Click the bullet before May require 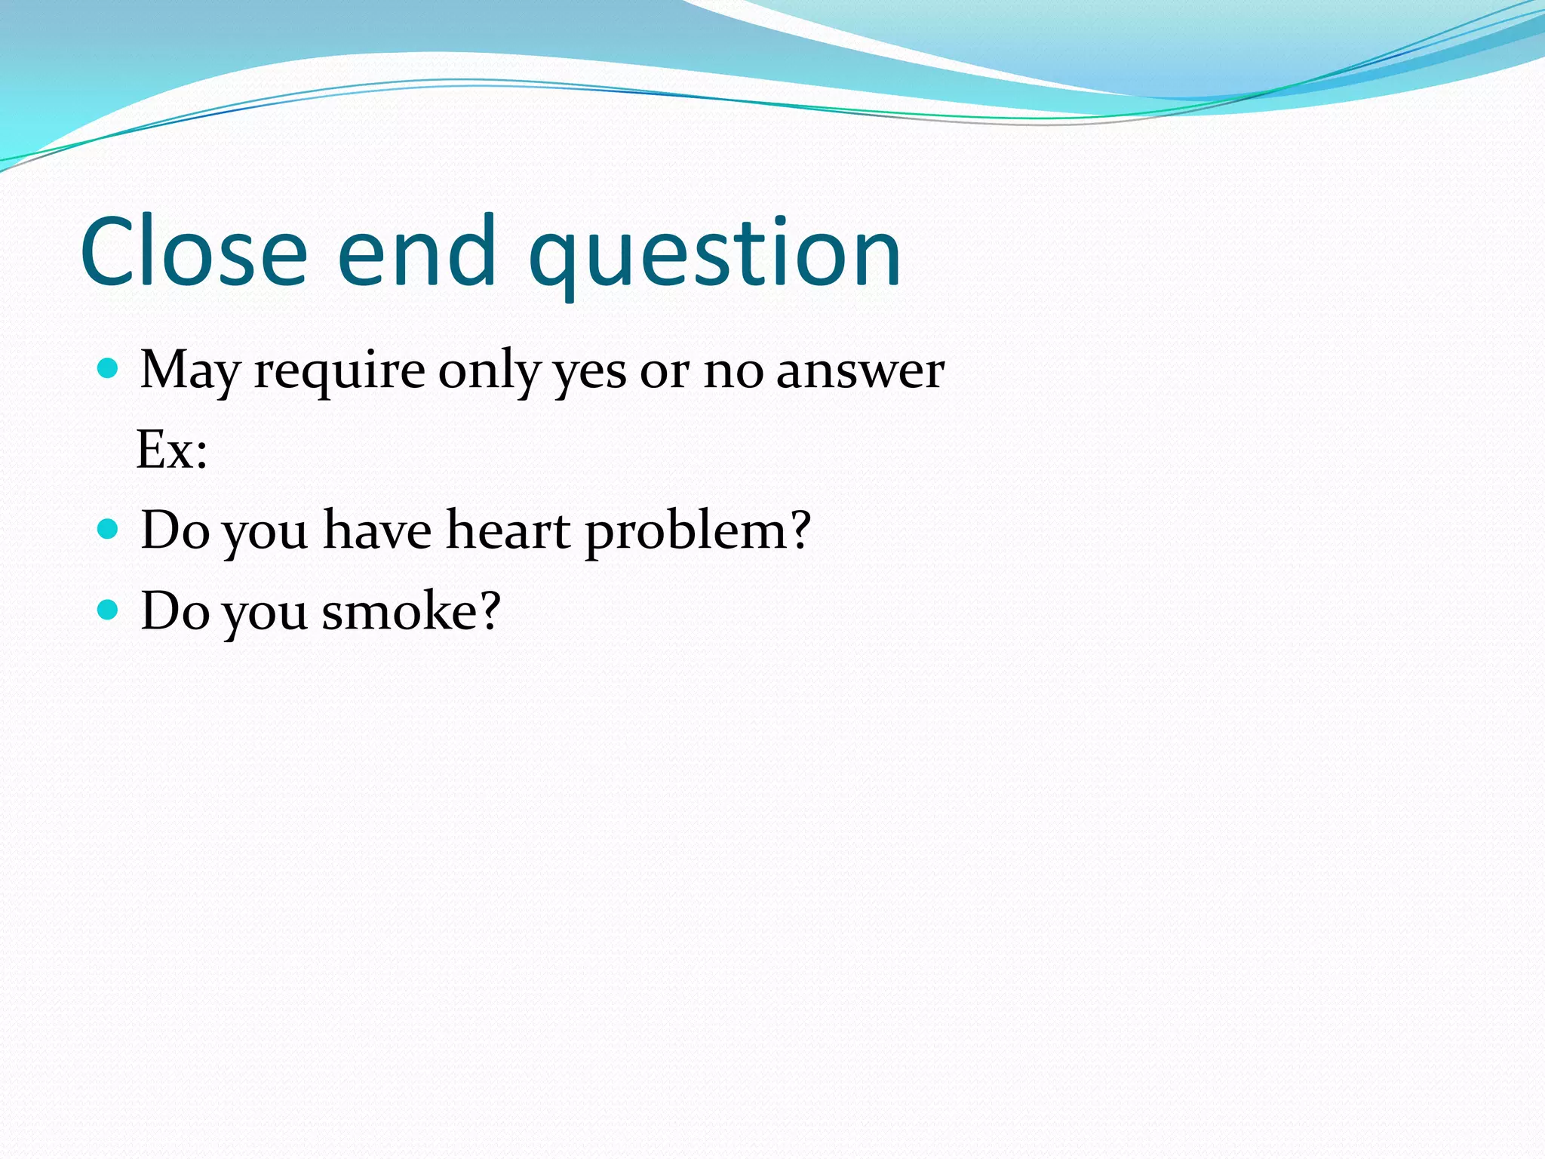click(x=109, y=368)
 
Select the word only click(x=490, y=371)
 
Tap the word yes click(x=590, y=374)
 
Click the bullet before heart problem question click(x=109, y=528)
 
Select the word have click(x=377, y=530)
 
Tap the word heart click(x=508, y=530)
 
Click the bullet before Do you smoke click(x=109, y=609)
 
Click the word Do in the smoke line click(x=175, y=610)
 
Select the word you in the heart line click(x=266, y=534)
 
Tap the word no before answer click(x=733, y=374)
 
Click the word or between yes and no click(x=665, y=374)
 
